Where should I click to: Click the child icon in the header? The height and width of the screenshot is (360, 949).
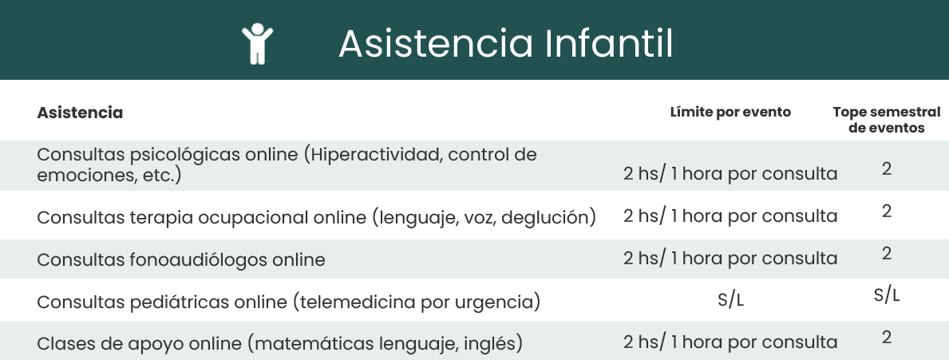[x=257, y=44]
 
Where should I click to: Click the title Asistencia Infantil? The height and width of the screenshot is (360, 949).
[x=505, y=44]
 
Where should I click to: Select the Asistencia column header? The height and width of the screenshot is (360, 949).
[x=80, y=113]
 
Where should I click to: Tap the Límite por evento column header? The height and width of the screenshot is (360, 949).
[x=730, y=112]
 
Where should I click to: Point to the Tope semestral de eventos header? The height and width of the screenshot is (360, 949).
[x=887, y=120]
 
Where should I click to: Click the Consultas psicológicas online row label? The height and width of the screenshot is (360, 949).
[x=287, y=165]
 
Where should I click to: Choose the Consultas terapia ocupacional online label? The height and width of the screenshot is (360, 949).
[x=317, y=217]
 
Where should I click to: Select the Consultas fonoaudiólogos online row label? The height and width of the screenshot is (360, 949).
[x=181, y=259]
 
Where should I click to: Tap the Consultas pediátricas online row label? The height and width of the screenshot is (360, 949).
[x=289, y=301]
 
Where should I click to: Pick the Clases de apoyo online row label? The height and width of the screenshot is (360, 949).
[x=279, y=344]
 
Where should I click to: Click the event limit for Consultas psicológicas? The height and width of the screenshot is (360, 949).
[x=730, y=174]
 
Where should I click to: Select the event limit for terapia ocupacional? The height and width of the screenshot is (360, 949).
[x=730, y=216]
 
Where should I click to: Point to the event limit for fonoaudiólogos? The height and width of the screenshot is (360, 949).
[x=730, y=259]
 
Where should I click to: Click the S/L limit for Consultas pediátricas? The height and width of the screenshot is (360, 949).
[x=730, y=300]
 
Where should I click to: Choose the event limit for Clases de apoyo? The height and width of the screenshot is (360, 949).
[x=730, y=342]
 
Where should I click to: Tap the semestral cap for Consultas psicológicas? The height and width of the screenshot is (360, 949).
[x=887, y=169]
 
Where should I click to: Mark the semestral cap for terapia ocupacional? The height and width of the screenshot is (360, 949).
[x=887, y=212]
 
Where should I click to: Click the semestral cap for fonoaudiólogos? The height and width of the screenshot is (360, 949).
[x=887, y=254]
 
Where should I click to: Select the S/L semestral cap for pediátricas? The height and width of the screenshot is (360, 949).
[x=887, y=296]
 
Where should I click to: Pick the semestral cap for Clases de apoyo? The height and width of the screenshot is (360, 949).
[x=887, y=338]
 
